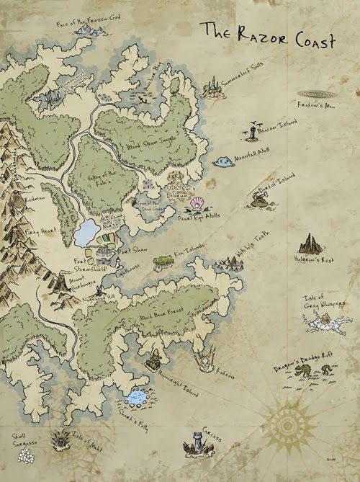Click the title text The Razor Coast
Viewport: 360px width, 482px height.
pos(267,36)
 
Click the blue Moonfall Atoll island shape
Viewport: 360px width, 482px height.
pos(222,161)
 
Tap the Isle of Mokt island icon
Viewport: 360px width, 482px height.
pos(59,438)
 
